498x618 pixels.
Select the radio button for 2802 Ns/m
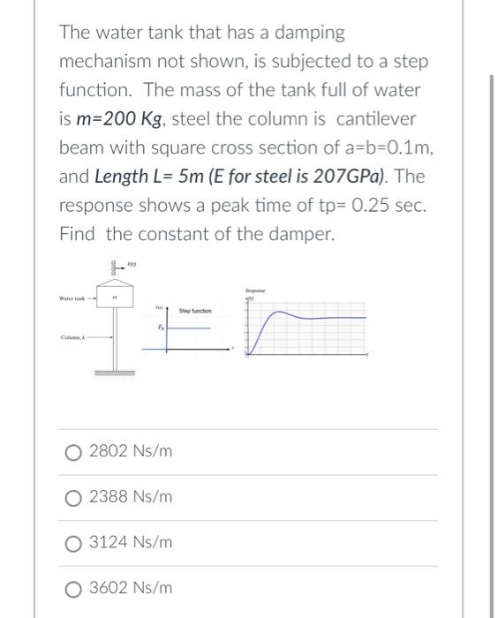tap(73, 452)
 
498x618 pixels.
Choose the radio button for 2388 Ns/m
tap(73, 497)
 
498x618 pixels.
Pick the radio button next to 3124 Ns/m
tap(73, 542)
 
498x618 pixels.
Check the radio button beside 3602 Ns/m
tap(73, 587)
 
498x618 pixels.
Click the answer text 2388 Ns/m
tap(131, 497)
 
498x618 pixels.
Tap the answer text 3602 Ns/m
tap(131, 587)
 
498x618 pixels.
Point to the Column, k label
tap(72, 335)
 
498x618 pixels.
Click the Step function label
tap(193, 311)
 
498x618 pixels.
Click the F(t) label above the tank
tap(132, 264)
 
